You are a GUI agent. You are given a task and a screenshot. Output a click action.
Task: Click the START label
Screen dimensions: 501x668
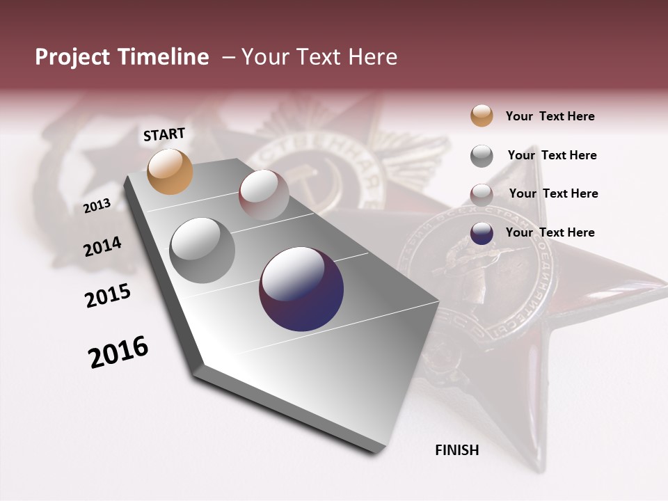click(x=164, y=134)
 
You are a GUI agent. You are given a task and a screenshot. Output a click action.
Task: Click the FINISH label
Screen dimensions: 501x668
click(x=456, y=450)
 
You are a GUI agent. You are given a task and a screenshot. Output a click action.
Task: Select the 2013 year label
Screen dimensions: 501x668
click(x=97, y=205)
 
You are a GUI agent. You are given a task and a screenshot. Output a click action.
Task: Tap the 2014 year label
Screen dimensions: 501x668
click(x=102, y=246)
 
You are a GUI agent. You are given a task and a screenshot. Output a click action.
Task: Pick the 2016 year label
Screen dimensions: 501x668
click(x=118, y=352)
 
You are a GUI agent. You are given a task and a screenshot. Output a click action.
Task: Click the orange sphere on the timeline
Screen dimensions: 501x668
click(x=170, y=171)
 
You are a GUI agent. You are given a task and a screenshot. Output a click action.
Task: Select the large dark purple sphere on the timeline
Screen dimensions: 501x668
click(x=301, y=289)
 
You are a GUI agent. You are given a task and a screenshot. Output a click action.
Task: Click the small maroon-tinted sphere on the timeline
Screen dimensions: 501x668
click(x=264, y=195)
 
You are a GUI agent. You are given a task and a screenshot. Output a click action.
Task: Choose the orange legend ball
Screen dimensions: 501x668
click(x=482, y=116)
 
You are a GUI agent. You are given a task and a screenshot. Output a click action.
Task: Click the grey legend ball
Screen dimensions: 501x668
click(x=482, y=155)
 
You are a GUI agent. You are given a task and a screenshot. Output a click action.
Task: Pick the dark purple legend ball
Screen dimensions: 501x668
click(x=482, y=233)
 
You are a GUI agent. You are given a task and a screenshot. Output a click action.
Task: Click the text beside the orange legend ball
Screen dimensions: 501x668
click(x=550, y=117)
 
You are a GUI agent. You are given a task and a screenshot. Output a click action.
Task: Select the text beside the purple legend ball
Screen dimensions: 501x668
click(x=550, y=232)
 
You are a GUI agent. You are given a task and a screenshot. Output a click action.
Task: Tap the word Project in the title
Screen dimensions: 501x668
click(x=73, y=58)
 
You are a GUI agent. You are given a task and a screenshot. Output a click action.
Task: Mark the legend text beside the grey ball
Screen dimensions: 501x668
click(x=552, y=155)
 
